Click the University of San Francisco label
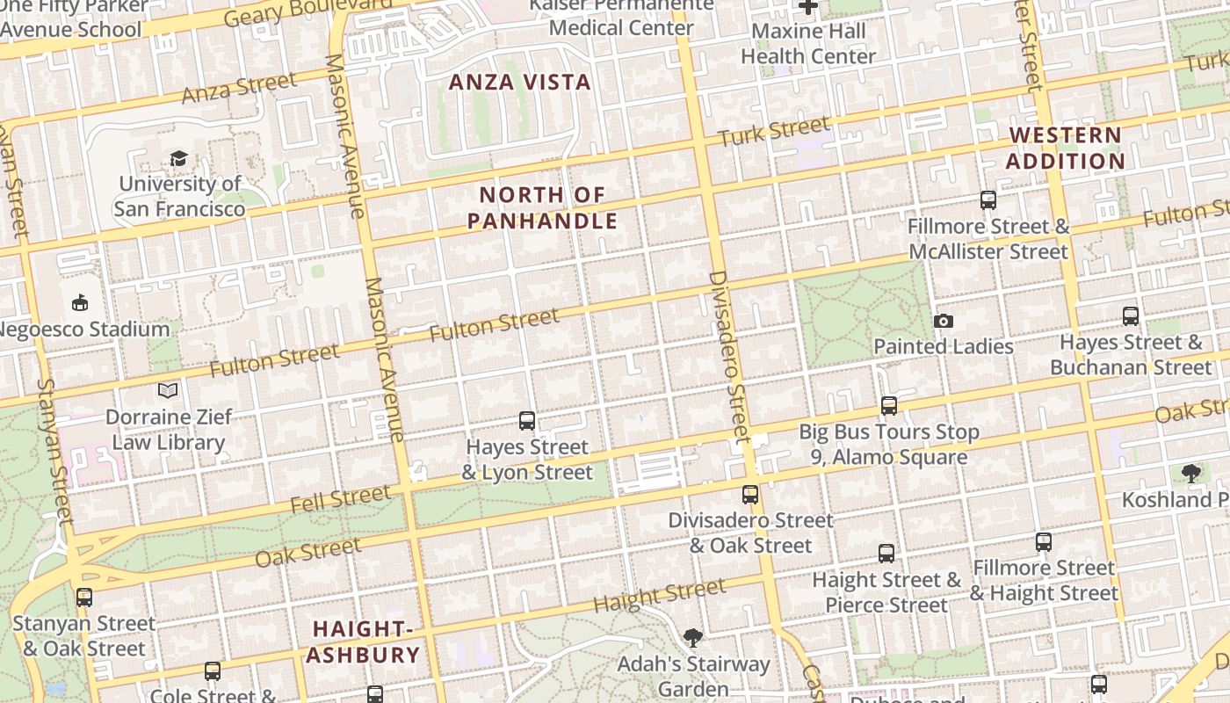[x=179, y=197]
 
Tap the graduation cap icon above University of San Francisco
[x=179, y=159]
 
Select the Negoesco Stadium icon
[x=80, y=303]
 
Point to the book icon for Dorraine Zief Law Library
[x=168, y=390]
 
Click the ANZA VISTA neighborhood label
[x=520, y=83]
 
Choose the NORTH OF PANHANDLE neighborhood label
[x=542, y=207]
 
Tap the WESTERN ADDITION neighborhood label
[x=1065, y=149]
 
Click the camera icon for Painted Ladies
[x=944, y=321]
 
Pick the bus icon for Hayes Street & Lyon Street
[x=527, y=421]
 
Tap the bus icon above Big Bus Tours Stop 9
[x=889, y=406]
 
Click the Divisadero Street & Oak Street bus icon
[x=750, y=495]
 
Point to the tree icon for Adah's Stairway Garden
[x=693, y=637]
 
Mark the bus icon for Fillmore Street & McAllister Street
[x=988, y=200]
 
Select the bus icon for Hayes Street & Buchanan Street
[x=1131, y=316]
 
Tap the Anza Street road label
[x=239, y=88]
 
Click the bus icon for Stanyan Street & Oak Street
[x=84, y=598]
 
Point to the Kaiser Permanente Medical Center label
[x=621, y=17]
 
